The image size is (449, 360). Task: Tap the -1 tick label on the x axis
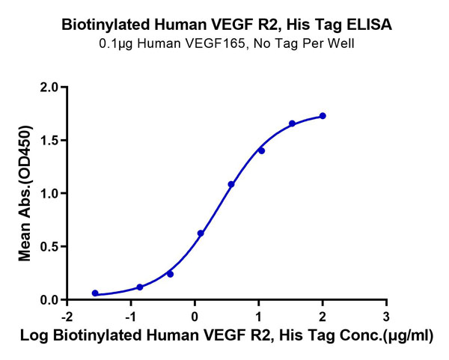tap(129, 316)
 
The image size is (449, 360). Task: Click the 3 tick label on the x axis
tap(386, 316)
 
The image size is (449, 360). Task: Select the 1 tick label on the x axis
tap(259, 316)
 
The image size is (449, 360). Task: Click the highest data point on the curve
tap(323, 116)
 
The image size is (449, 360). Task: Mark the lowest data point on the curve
tap(95, 293)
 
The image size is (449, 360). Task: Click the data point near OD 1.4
tap(261, 150)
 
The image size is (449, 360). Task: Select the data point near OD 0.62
tap(201, 234)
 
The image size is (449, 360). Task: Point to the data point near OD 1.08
tap(231, 184)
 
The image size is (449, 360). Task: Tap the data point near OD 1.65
tap(292, 123)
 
